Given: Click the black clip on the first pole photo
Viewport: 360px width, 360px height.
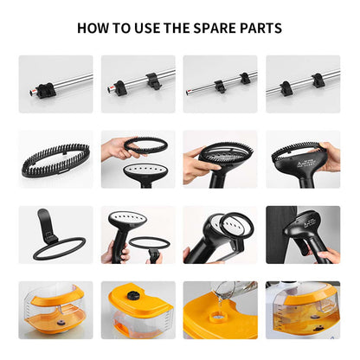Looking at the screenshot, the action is point(46,90).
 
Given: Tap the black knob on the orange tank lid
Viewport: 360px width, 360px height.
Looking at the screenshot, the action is point(133,295).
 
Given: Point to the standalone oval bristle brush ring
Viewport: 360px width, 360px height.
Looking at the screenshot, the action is point(56,160).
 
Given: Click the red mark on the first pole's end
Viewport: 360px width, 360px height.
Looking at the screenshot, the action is point(34,92).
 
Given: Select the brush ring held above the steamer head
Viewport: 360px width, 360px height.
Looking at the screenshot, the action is point(146,145).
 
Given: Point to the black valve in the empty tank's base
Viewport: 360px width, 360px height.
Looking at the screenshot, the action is point(61,323).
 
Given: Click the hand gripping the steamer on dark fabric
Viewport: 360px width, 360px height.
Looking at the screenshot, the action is point(326,256).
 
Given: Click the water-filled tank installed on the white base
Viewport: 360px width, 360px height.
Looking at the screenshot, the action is point(306,310).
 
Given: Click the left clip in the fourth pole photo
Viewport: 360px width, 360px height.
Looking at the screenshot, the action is point(287,88).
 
